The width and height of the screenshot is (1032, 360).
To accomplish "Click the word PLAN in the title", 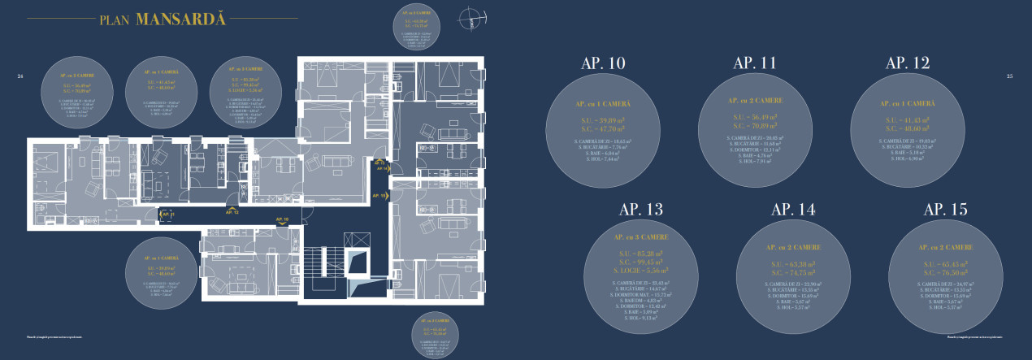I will click(x=115, y=20).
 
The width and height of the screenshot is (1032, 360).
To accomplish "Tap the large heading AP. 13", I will click(x=641, y=210).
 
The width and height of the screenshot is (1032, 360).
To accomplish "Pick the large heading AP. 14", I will click(x=793, y=210).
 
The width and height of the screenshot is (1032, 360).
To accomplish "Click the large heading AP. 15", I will click(x=946, y=210).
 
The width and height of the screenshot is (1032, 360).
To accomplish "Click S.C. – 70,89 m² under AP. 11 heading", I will click(x=755, y=127).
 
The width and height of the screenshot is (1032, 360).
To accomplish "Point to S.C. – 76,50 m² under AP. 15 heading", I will click(x=946, y=273).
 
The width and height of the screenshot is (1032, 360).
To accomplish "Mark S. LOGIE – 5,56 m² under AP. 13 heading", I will click(x=641, y=270).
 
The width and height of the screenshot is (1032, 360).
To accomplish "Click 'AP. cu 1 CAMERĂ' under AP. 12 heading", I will click(x=907, y=104).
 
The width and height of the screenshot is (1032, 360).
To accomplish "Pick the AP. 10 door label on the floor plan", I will click(x=282, y=219).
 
